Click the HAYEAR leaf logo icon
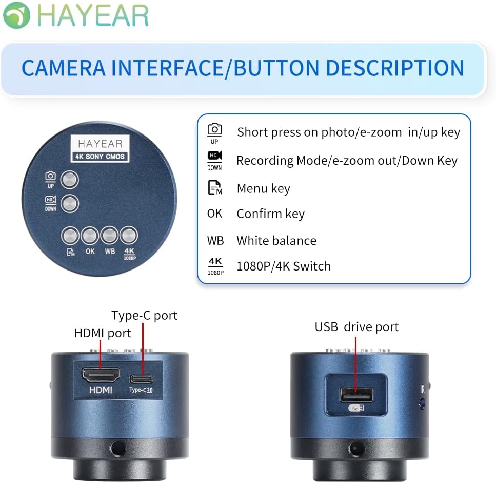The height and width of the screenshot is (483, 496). [x=16, y=15]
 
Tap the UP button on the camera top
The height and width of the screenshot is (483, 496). [x=70, y=180]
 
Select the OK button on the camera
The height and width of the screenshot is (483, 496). [x=90, y=236]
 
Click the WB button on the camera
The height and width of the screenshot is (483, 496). [x=109, y=236]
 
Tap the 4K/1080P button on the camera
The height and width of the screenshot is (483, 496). [x=129, y=236]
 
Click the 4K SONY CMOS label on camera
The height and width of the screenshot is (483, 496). [x=100, y=156]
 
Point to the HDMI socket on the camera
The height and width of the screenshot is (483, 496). [x=101, y=374]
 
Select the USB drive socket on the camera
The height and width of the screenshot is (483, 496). [x=356, y=394]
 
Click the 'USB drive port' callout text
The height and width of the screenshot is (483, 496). [x=356, y=327]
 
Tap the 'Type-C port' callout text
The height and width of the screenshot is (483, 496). [x=144, y=315]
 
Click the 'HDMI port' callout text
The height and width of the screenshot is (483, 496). [x=103, y=333]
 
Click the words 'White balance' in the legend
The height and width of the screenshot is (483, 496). [x=276, y=240]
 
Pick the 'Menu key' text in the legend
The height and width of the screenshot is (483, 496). [x=263, y=188]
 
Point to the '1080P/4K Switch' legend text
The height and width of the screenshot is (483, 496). [x=283, y=266]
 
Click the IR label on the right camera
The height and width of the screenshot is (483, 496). [x=422, y=390]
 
